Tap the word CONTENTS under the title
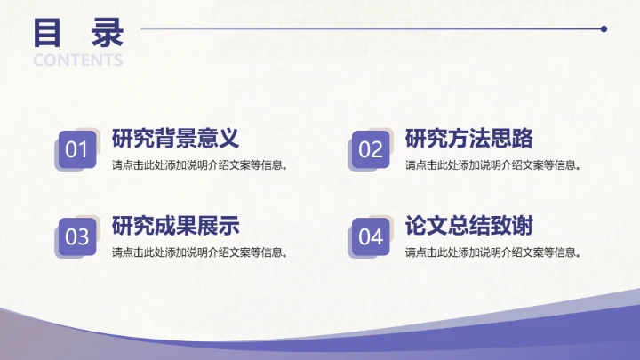coord(78,60)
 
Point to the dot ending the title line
coord(604,28)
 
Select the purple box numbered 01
coord(77,149)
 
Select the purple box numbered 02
coord(371,149)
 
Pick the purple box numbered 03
coord(77,236)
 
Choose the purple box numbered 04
coord(371,236)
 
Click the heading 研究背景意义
coord(176,139)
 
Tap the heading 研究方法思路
coord(469,139)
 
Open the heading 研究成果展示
coord(176,226)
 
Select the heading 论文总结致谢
coord(469,226)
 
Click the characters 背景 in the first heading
coord(176,139)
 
